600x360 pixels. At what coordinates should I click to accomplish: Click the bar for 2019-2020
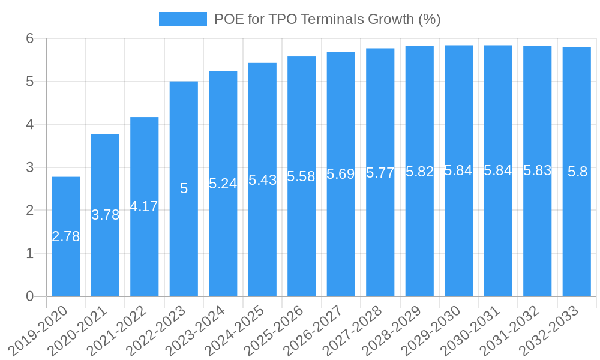[66, 236]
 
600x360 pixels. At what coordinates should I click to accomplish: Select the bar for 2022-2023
[184, 188]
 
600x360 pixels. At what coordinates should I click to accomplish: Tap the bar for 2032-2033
[577, 172]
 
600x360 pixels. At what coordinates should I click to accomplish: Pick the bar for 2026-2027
[341, 174]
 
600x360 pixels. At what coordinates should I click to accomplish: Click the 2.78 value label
[66, 236]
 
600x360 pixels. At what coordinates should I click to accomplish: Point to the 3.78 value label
[105, 215]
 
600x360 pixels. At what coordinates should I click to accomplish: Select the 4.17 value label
[145, 206]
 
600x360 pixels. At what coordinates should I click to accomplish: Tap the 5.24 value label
[223, 184]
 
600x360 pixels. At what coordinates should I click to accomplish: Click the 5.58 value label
[302, 176]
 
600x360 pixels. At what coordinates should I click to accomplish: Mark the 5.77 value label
[380, 173]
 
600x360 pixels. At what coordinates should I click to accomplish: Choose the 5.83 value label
[538, 170]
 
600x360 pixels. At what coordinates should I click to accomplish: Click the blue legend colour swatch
[182, 19]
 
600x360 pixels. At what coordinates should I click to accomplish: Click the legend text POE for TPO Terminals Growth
[328, 19]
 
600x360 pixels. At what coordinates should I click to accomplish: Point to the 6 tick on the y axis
[30, 38]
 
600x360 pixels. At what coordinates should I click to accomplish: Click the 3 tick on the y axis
[30, 167]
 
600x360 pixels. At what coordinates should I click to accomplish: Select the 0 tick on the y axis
[30, 296]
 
